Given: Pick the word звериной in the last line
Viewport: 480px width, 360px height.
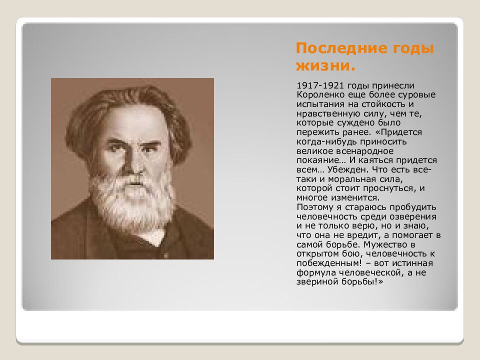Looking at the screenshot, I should click(313, 282).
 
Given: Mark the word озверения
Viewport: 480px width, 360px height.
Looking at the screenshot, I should click(413, 216).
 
